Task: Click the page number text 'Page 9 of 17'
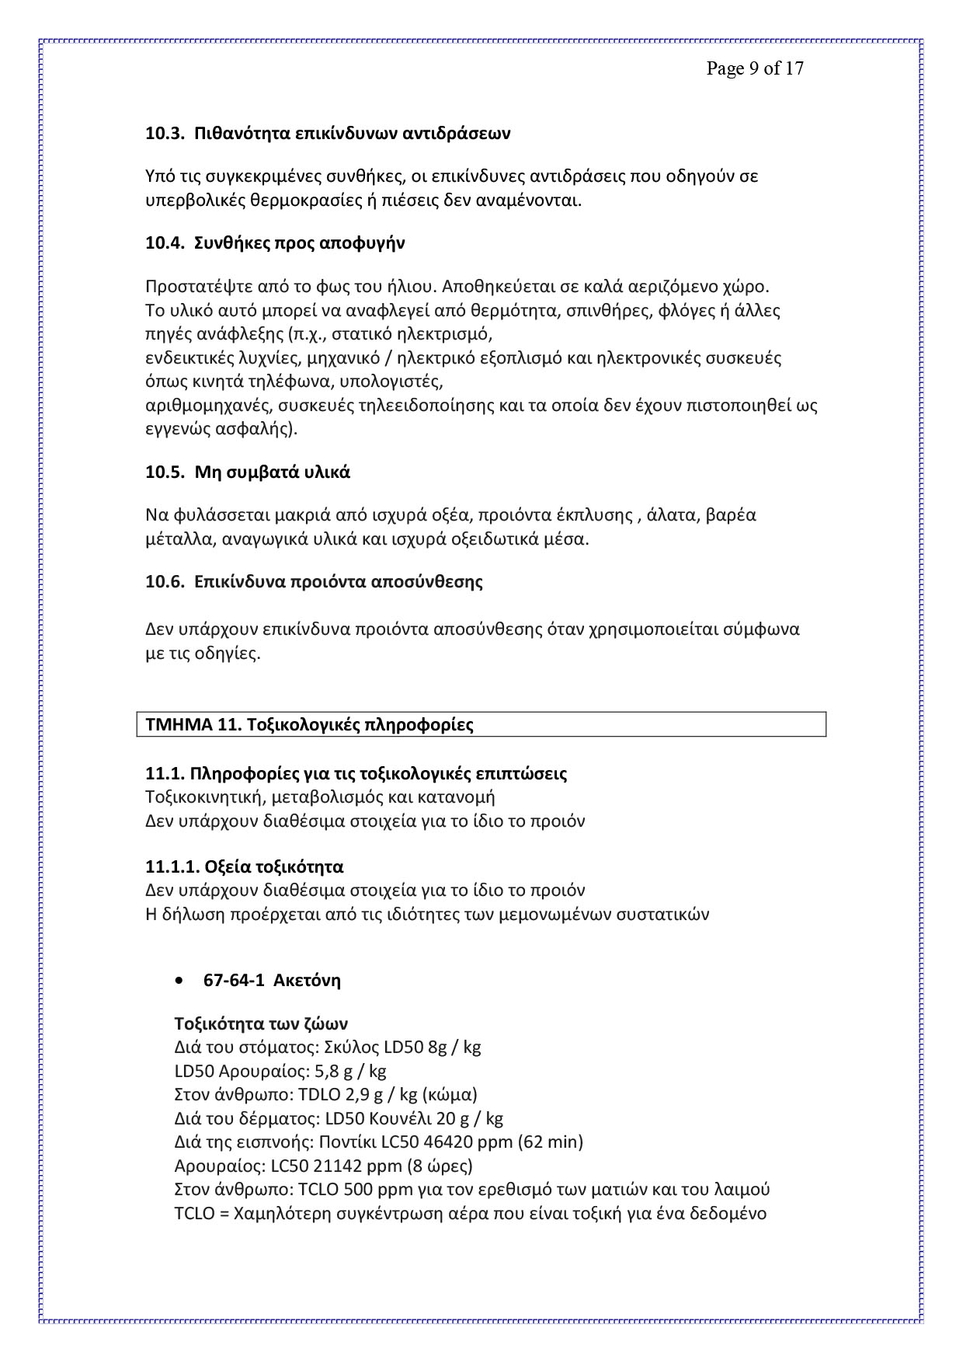tap(754, 68)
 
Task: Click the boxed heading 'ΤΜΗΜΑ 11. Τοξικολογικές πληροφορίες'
tap(309, 725)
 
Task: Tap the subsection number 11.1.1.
tap(170, 866)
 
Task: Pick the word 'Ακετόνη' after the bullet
tap(308, 981)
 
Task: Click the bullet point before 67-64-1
tap(180, 981)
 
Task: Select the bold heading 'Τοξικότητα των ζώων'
tap(261, 1023)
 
